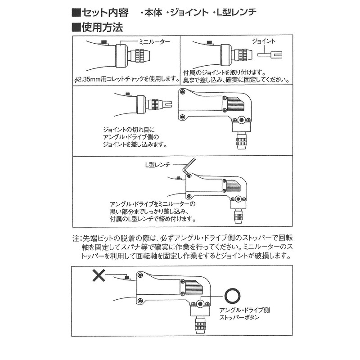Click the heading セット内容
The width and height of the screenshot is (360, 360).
coord(104,13)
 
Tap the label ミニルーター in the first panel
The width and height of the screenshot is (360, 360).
coord(155,41)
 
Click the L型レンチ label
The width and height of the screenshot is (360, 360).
coord(157,165)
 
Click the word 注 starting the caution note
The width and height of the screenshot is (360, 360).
coord(75,238)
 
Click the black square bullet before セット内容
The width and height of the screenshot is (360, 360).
coord(76,13)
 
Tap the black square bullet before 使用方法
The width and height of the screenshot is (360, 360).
coord(76,27)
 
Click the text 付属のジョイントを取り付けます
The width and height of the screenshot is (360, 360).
coord(223,72)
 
